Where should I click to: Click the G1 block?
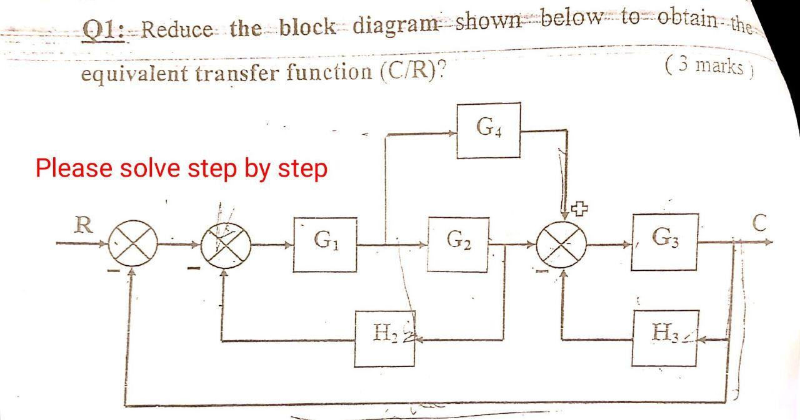tap(325, 244)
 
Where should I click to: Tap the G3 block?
tap(664, 242)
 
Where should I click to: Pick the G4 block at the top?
tap(488, 130)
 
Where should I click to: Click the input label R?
tap(80, 225)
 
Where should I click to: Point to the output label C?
tap(759, 223)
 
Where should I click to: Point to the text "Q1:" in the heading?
tap(104, 29)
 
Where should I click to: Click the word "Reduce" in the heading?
tap(177, 29)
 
